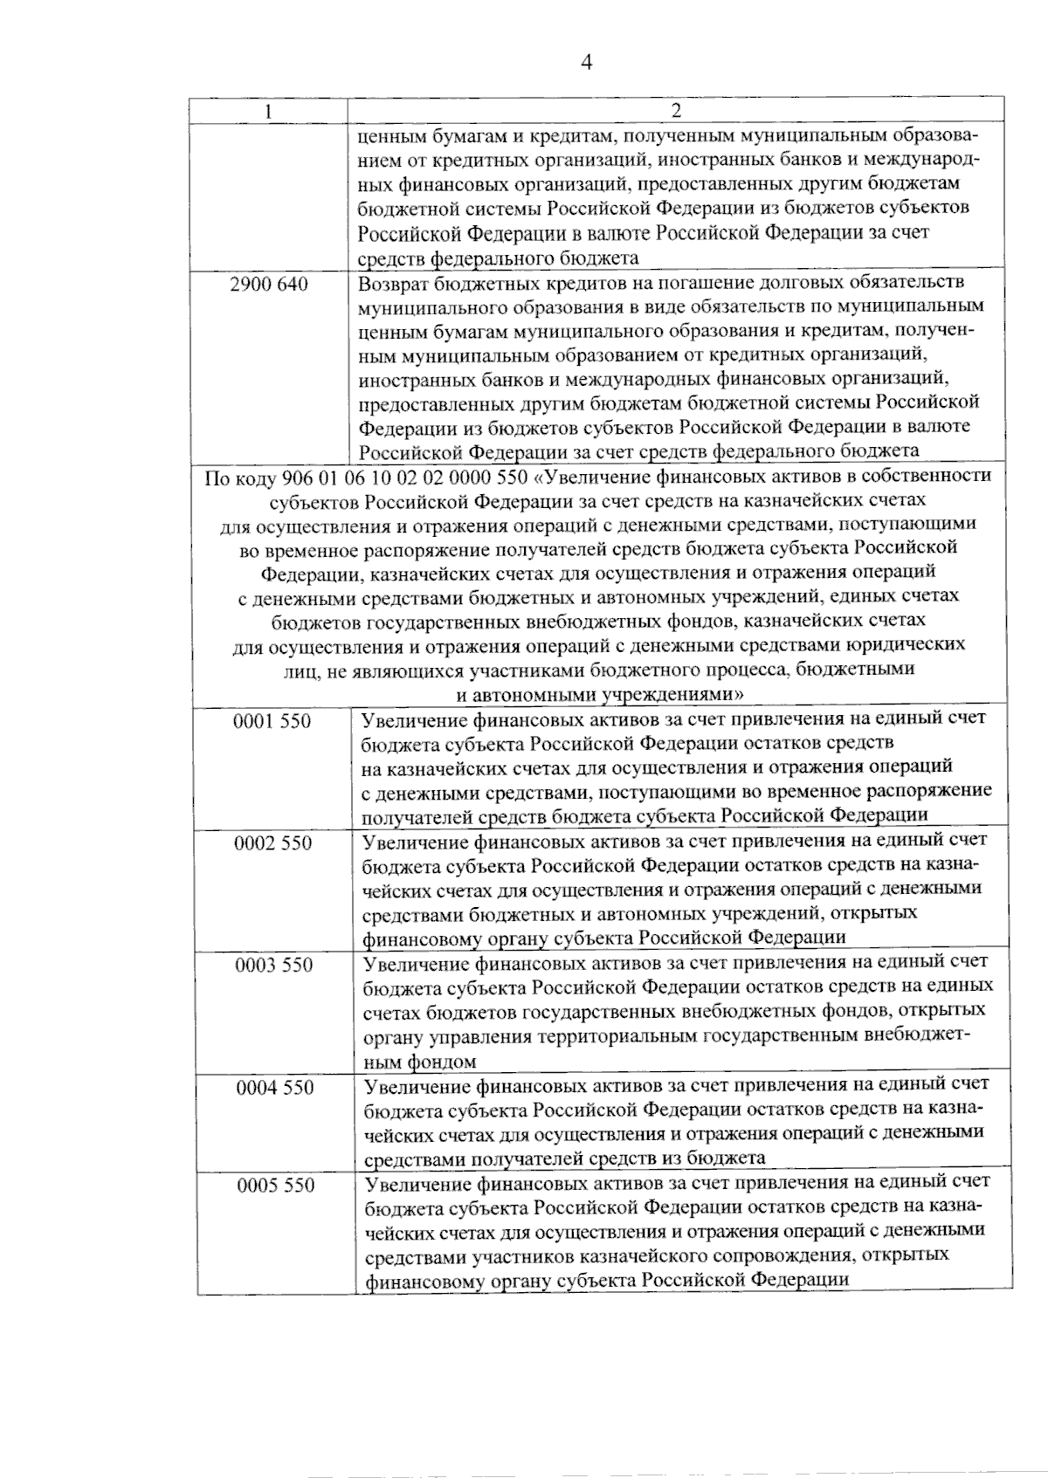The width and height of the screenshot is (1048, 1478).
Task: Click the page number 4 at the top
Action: (x=586, y=62)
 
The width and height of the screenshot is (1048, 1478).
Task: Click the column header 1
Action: (x=268, y=111)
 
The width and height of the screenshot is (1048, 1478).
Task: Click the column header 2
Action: (x=675, y=111)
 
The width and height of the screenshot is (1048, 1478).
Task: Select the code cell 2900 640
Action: (x=269, y=284)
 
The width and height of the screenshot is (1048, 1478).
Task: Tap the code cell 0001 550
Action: (x=272, y=721)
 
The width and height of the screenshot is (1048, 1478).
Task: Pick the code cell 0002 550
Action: (x=273, y=843)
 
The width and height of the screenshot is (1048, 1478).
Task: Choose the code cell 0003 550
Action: (x=274, y=965)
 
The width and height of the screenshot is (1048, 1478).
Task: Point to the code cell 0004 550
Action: (x=275, y=1087)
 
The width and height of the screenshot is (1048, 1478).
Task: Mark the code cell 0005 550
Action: (x=276, y=1185)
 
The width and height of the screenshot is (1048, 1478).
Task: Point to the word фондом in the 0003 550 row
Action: (x=441, y=1062)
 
